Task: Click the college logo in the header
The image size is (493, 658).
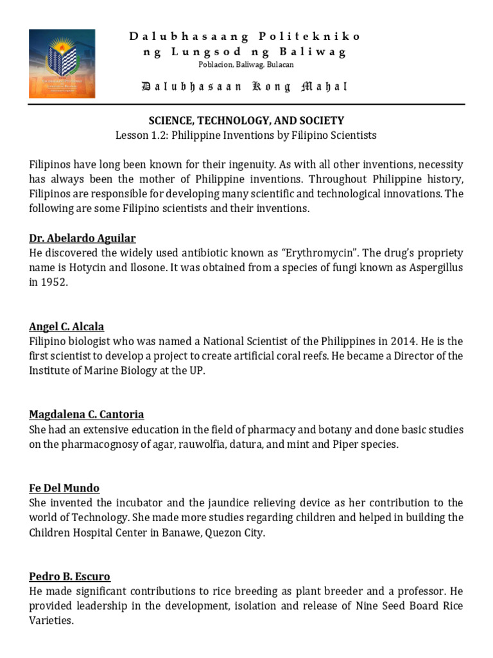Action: (x=62, y=64)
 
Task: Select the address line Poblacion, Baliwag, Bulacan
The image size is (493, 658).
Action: (x=246, y=65)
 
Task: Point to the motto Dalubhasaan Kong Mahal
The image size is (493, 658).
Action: (x=245, y=87)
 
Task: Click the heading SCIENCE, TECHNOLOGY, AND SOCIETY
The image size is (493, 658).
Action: (x=246, y=120)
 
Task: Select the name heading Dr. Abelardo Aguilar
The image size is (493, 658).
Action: (x=82, y=238)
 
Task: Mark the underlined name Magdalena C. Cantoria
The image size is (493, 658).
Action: (x=86, y=414)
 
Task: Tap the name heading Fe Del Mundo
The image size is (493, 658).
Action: (x=64, y=488)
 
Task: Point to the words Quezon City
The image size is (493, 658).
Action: (x=234, y=533)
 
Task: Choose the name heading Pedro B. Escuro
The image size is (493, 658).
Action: (x=70, y=576)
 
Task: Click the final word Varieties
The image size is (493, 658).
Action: (x=51, y=621)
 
